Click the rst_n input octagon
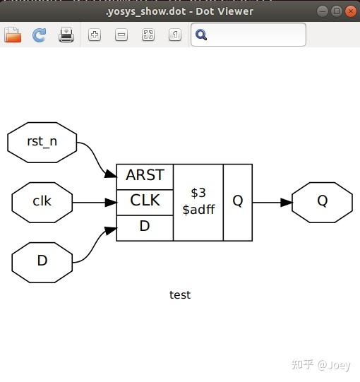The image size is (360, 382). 42,142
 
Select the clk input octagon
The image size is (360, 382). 42,202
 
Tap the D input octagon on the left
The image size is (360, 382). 42,263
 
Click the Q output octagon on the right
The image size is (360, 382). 322,202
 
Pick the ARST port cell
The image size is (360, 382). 145,177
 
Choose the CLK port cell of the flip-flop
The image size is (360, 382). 145,203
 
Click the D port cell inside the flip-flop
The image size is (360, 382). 145,228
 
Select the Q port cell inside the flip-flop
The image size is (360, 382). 238,203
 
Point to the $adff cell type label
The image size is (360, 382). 198,210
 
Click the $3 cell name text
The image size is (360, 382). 198,193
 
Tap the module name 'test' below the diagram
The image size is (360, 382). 180,294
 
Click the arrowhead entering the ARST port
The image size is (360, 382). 111,173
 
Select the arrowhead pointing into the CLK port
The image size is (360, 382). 111,203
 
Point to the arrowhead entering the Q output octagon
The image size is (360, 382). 286,203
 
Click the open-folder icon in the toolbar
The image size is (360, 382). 13,35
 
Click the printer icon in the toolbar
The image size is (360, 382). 66,35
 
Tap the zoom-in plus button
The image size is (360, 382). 95,35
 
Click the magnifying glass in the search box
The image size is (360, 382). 201,35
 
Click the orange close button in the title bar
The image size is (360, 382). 351,11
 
